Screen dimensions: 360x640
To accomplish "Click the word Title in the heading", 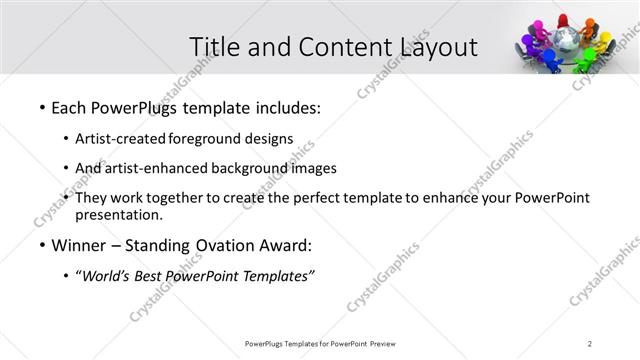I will (213, 47).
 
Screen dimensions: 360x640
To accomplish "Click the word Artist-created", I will (121, 138).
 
